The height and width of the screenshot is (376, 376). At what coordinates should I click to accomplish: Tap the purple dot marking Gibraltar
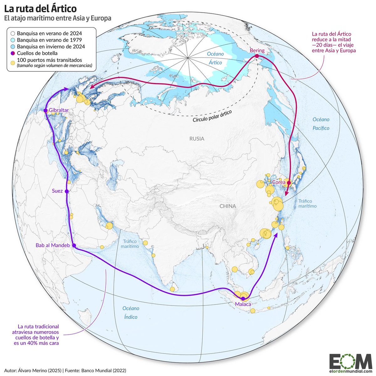[x=46, y=110]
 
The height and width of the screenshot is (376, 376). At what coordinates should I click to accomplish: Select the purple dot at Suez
[x=66, y=191]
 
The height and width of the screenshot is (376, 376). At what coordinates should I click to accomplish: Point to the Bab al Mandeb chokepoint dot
[x=74, y=246]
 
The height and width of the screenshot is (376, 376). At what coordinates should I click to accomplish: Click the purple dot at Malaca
[x=243, y=299]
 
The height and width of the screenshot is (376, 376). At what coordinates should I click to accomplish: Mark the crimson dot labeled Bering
[x=257, y=56]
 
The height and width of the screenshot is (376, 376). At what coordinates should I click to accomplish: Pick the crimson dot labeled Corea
[x=289, y=182]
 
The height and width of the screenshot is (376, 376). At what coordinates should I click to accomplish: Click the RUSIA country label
[x=196, y=138]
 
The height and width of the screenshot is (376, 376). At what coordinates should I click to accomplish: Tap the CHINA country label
[x=227, y=206]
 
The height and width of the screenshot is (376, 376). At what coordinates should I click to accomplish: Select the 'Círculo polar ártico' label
[x=210, y=117]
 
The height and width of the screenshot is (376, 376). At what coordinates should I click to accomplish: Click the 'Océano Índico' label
[x=131, y=312]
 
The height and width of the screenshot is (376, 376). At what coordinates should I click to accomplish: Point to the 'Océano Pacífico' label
[x=321, y=124]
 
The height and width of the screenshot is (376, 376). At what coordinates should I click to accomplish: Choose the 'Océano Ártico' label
[x=215, y=58]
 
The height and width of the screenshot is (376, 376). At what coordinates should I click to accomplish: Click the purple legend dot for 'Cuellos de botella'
[x=13, y=53]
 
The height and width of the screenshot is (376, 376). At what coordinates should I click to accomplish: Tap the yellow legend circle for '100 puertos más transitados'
[x=13, y=63]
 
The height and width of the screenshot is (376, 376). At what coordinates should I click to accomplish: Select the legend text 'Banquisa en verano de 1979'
[x=50, y=40]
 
